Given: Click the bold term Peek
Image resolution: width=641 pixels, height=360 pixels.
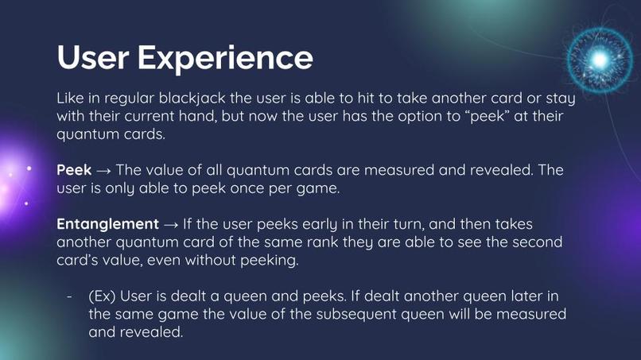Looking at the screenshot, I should click(x=74, y=171).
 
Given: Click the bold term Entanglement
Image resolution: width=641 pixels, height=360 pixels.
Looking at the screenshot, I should click(x=107, y=224).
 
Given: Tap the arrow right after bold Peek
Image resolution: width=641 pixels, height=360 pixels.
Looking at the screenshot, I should click(x=104, y=171).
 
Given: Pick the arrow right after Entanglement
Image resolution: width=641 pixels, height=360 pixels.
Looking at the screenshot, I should click(x=172, y=224).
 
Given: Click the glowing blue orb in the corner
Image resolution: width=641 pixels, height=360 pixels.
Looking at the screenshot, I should click(x=600, y=59).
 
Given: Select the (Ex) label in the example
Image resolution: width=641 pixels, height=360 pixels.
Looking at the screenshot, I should click(x=102, y=296).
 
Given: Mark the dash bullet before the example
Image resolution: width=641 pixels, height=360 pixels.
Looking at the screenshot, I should click(x=70, y=296).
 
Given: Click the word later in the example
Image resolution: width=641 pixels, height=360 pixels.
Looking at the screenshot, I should click(x=519, y=296).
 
